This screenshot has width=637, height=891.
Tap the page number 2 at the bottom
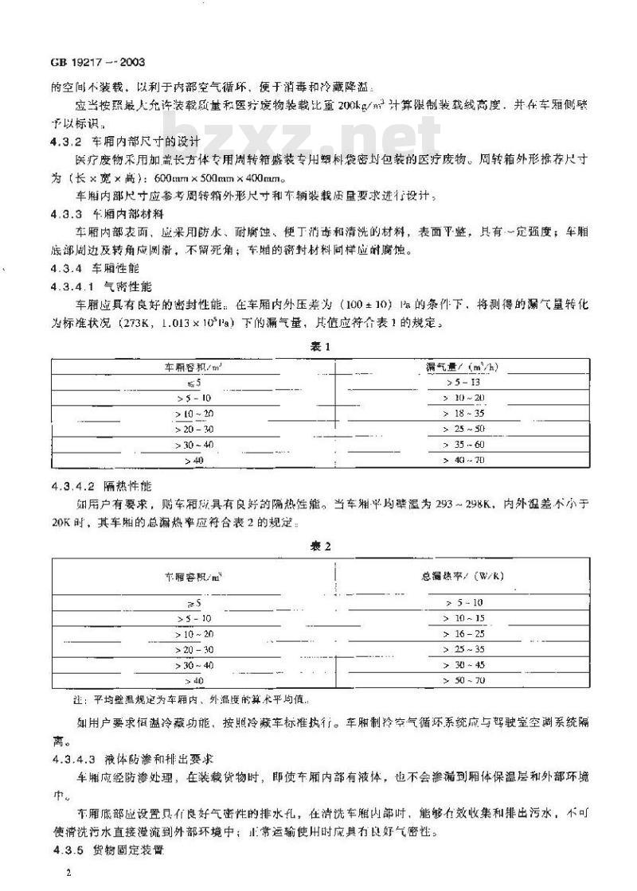(70, 873)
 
